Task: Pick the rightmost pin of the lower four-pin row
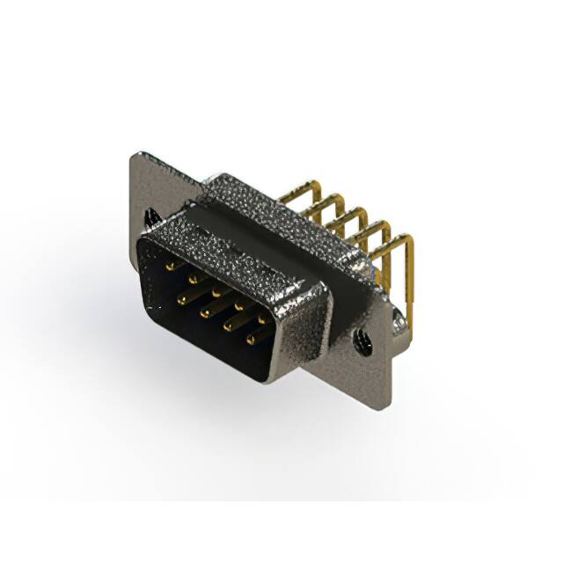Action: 252,337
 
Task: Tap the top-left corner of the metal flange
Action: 134,157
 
